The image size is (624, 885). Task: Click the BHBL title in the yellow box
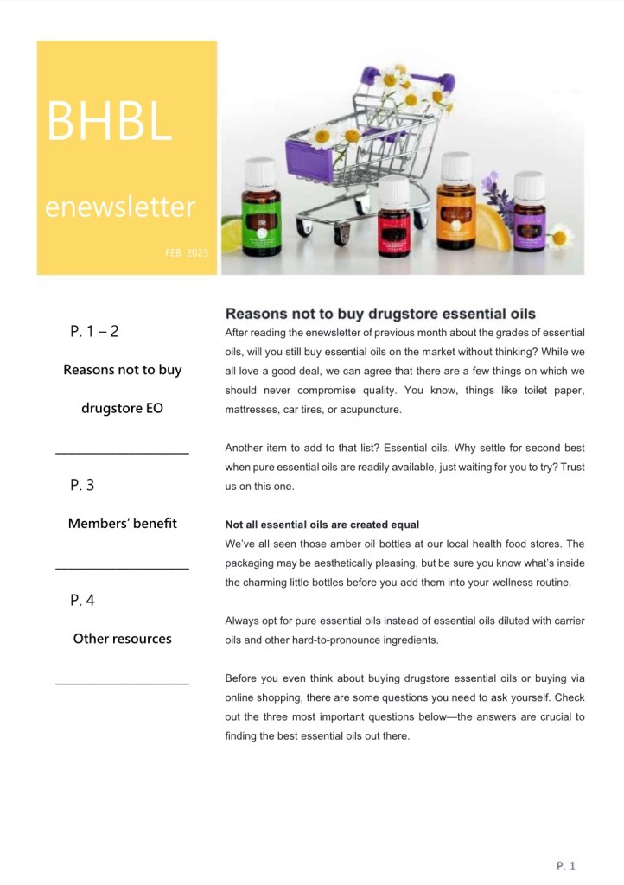(x=109, y=122)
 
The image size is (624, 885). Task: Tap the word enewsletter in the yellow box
(x=120, y=207)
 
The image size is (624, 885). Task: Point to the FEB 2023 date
(x=187, y=252)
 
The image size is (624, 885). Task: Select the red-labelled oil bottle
(x=394, y=223)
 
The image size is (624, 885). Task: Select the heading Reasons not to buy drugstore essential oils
(x=380, y=314)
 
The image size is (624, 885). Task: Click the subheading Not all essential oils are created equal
(x=322, y=525)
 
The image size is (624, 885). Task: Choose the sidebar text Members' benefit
(x=122, y=523)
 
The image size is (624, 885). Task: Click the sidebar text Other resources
(x=122, y=639)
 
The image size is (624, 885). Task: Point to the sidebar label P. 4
(x=82, y=601)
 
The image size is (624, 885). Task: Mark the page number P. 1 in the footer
(x=565, y=865)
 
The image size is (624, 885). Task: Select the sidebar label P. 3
(x=82, y=486)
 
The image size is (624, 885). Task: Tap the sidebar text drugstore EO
(x=122, y=408)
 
